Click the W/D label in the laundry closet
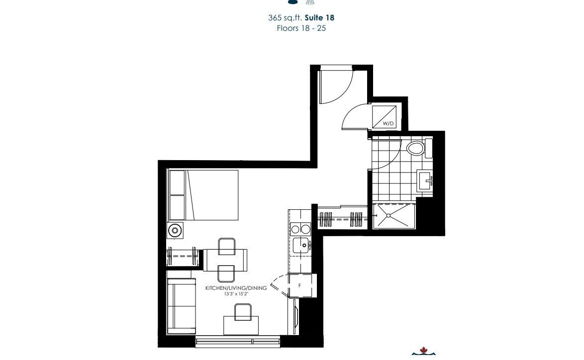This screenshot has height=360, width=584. (x=388, y=123)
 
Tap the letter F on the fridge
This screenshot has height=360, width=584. (x=300, y=285)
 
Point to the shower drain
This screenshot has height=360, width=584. (x=389, y=215)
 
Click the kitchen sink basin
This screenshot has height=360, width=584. (x=301, y=245)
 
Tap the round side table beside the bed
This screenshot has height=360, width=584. (x=174, y=230)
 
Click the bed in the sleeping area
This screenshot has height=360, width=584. (x=203, y=195)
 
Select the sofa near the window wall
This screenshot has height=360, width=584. (x=182, y=306)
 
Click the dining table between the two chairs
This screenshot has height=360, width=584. (x=225, y=260)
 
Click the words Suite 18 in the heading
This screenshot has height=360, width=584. (x=319, y=17)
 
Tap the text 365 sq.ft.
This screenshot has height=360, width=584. (x=285, y=17)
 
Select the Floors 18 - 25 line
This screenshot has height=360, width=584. (x=301, y=28)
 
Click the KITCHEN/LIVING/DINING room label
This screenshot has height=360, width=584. (x=236, y=288)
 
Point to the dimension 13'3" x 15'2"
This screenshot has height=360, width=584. (x=236, y=294)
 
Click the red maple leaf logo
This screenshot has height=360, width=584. (x=423, y=350)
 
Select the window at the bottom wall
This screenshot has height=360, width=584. (x=238, y=342)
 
